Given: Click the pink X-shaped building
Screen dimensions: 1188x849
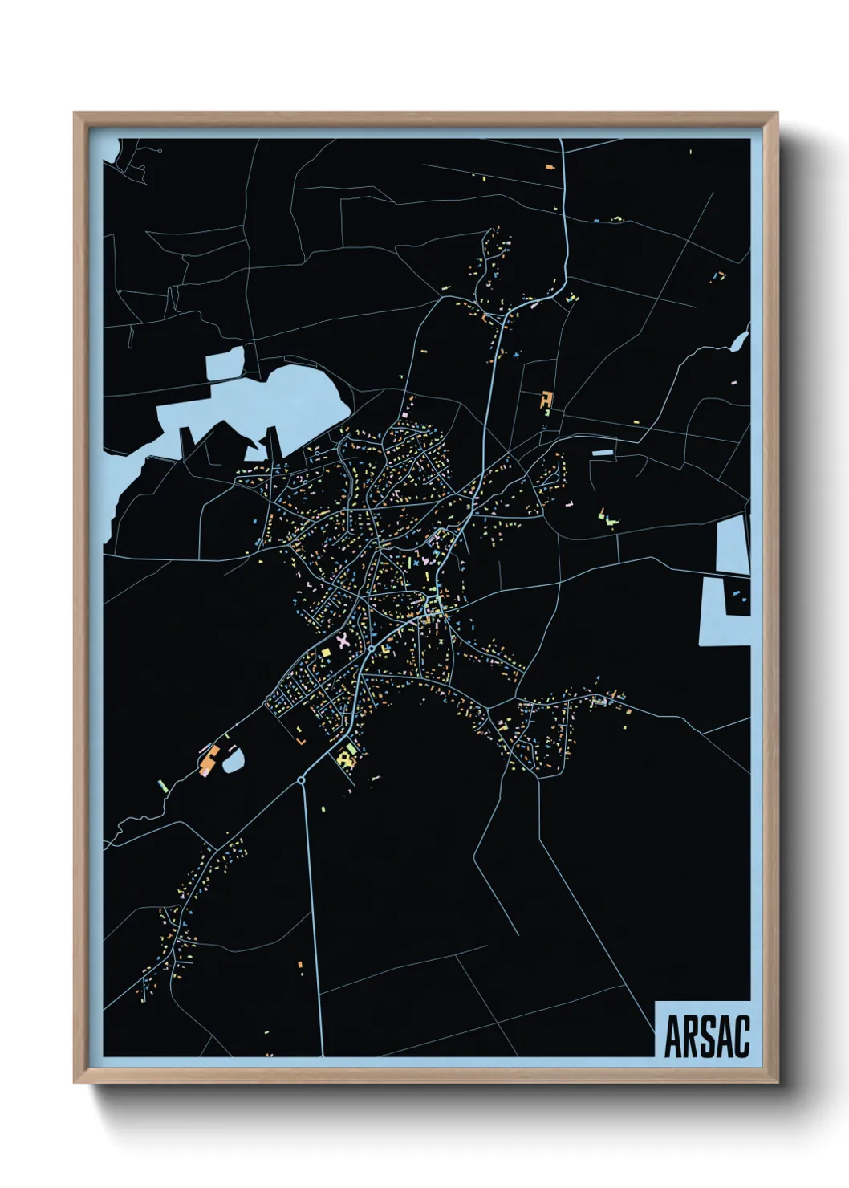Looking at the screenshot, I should pos(344,641).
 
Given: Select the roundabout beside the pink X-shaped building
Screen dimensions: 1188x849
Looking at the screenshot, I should pos(372,647).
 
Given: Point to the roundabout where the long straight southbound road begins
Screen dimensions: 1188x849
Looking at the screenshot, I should pos(302,779).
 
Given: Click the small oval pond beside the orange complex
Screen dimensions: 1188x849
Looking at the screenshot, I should pos(233,759).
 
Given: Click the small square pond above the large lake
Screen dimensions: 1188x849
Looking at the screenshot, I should pos(225,364).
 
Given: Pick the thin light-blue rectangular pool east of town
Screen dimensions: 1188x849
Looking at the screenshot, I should pos(603,453).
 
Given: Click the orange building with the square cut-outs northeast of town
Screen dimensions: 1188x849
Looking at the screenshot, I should pos(546,399).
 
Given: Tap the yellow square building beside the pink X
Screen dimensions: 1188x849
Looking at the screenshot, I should pos(327,653).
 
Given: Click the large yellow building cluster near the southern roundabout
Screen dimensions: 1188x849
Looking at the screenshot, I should pos(347,756).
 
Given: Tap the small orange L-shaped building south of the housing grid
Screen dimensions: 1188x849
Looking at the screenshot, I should pos(299,732).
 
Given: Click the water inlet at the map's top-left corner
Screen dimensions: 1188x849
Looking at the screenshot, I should pos(112,153).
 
